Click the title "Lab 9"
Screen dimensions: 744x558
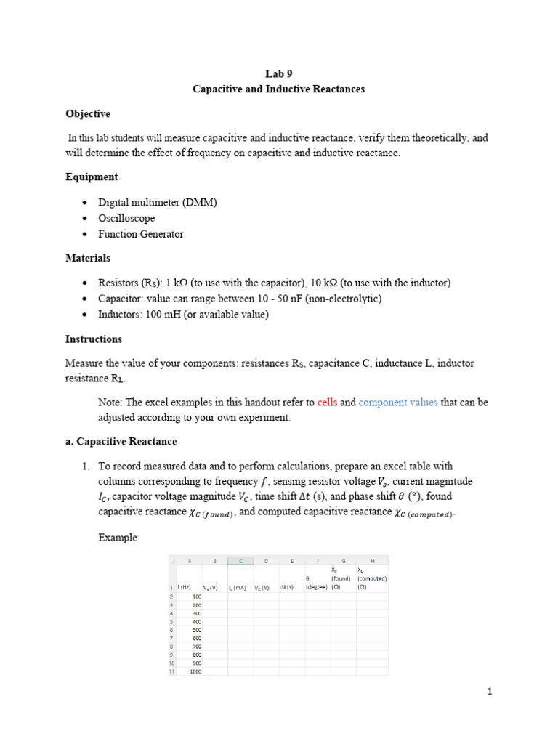pos(279,73)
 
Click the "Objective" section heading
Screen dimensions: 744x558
pos(88,114)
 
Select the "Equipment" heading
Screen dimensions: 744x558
pos(92,177)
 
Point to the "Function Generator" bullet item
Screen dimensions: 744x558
pos(141,234)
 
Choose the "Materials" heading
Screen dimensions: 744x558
pos(88,258)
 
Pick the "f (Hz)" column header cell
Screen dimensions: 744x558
pos(185,587)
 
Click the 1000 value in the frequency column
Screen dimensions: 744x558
pos(195,671)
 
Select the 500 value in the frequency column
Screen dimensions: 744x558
pos(196,631)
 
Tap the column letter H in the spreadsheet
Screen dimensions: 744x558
pos(372,560)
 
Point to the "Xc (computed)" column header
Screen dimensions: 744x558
pos(372,579)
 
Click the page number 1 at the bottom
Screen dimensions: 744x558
pos(490,692)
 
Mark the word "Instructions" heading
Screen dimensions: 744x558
pos(94,339)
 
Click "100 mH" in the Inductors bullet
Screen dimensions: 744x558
pos(160,314)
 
